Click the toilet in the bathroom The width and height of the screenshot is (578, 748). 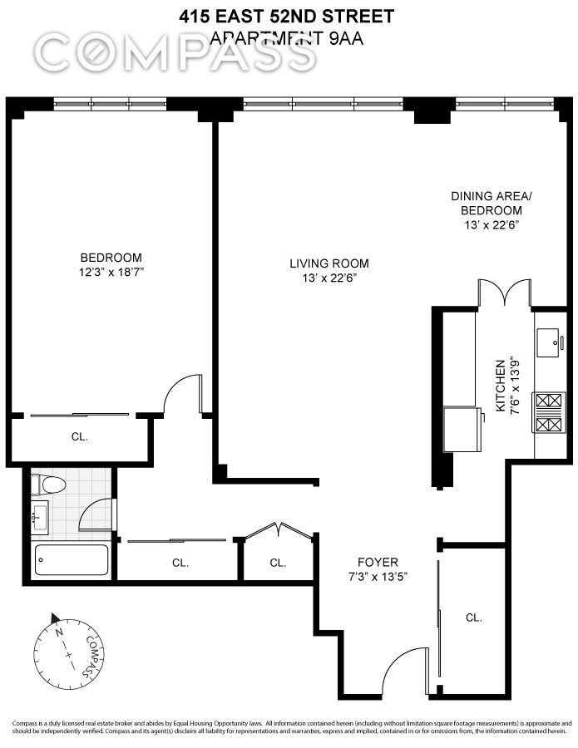pos(48,485)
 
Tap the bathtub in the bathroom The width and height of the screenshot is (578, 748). pos(72,560)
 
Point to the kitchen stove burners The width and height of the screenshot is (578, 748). pos(549,414)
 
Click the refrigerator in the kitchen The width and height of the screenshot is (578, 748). pos(463,429)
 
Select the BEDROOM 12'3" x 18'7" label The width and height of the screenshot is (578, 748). pos(111,264)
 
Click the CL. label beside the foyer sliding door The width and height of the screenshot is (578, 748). pos(474,618)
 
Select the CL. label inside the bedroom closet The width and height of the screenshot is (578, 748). pos(79,436)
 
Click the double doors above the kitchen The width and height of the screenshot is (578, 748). pos(503,293)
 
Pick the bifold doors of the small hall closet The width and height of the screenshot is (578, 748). pos(278,531)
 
